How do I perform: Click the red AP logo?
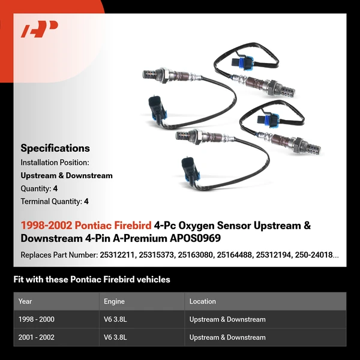pos(40,29)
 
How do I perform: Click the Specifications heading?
pos(55,148)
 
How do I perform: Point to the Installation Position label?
pos(55,163)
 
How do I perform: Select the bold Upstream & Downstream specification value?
pos(67,176)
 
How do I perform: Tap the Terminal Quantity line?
pos(55,202)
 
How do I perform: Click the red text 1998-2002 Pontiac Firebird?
pos(86,226)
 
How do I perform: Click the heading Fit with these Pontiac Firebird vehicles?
pos(92,280)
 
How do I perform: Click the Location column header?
pos(203,301)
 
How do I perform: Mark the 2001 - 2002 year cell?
pos(37,337)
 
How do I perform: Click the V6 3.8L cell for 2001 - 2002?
pos(116,337)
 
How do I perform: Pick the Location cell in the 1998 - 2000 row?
pos(227,319)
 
